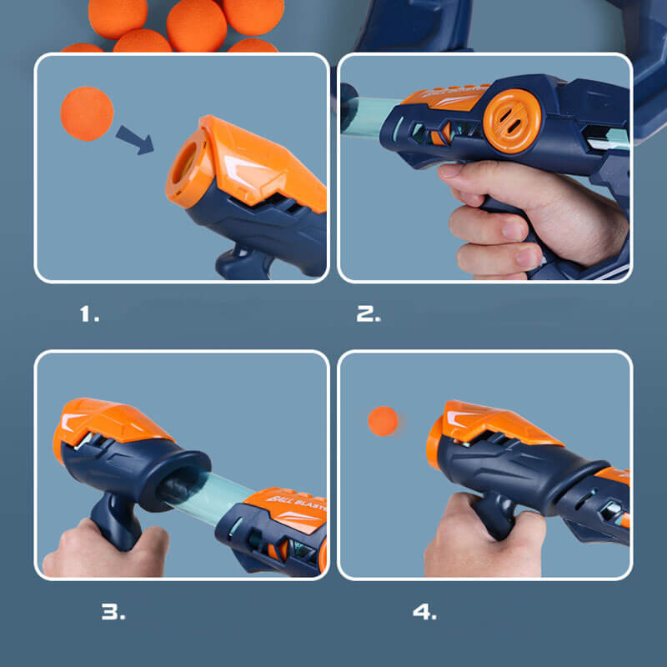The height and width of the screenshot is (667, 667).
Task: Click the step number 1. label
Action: point(89,314)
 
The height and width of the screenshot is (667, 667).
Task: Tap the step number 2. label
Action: point(369,314)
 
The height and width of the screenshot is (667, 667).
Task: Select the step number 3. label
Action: point(113,611)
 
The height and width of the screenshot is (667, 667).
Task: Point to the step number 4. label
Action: point(424,611)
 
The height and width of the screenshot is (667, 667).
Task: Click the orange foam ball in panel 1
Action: point(87,113)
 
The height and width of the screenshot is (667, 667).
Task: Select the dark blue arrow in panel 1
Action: point(134,139)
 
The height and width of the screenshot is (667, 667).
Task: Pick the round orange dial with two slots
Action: point(512,120)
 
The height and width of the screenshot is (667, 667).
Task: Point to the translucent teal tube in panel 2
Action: point(371,117)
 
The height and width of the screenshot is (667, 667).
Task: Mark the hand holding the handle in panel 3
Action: point(104,550)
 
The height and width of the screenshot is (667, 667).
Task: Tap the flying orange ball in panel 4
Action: point(384,421)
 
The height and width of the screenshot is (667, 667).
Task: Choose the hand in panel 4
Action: point(479,538)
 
